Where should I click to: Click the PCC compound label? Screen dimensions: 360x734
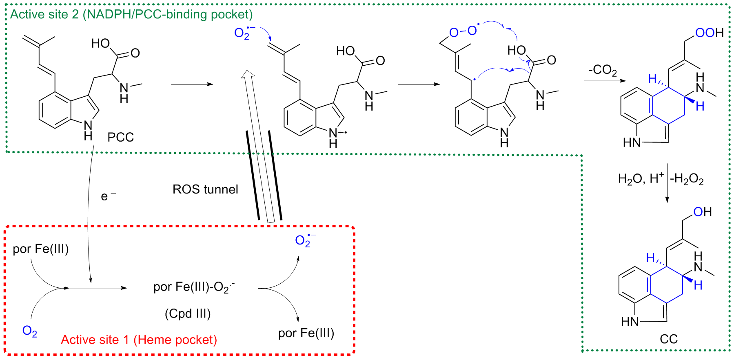(x=121, y=137)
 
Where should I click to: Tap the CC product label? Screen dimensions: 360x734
(x=668, y=339)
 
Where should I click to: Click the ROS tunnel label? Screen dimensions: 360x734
(x=205, y=189)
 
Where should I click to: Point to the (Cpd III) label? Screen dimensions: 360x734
(x=188, y=313)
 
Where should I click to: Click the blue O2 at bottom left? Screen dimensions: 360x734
(x=29, y=331)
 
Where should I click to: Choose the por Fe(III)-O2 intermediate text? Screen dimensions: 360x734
(x=194, y=287)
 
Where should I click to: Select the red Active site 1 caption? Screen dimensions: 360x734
(x=139, y=340)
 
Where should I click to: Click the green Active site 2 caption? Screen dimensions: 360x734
(x=131, y=14)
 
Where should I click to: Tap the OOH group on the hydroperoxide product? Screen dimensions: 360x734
(x=709, y=33)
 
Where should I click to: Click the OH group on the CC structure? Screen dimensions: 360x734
(x=702, y=212)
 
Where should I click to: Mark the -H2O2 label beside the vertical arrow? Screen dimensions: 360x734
(x=687, y=179)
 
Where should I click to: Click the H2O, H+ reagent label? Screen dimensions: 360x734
(x=641, y=179)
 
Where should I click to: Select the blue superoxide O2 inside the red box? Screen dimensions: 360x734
(x=304, y=240)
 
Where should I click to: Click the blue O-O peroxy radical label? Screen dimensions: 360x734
(x=463, y=31)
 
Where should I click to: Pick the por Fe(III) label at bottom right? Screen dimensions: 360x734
(x=306, y=333)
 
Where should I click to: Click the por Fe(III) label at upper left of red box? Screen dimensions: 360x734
(x=40, y=249)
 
